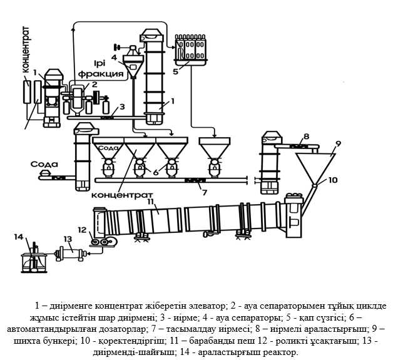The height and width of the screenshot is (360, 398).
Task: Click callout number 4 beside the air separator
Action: [x=114, y=57]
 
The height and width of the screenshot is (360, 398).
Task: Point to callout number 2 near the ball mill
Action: [x=94, y=84]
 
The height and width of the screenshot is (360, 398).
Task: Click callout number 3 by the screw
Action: [x=123, y=106]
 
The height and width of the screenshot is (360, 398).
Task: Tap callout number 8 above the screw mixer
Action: [x=307, y=136]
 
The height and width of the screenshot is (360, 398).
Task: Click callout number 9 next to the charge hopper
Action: [x=338, y=143]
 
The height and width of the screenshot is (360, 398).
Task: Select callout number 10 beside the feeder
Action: [x=332, y=180]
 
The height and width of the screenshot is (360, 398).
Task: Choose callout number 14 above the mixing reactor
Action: [x=19, y=236]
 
